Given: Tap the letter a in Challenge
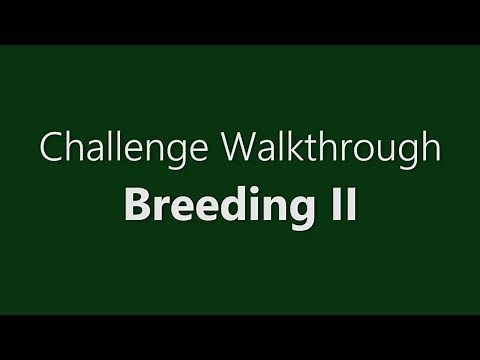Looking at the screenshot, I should pyautogui.click(x=83, y=153).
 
